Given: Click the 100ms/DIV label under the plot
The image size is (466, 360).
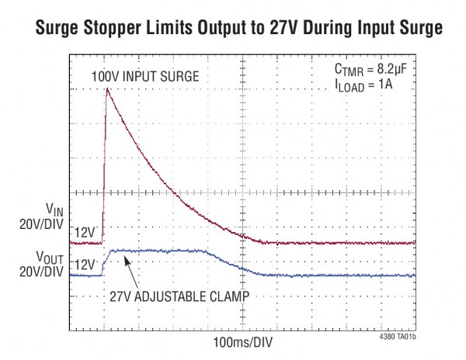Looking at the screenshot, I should click(x=242, y=341).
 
